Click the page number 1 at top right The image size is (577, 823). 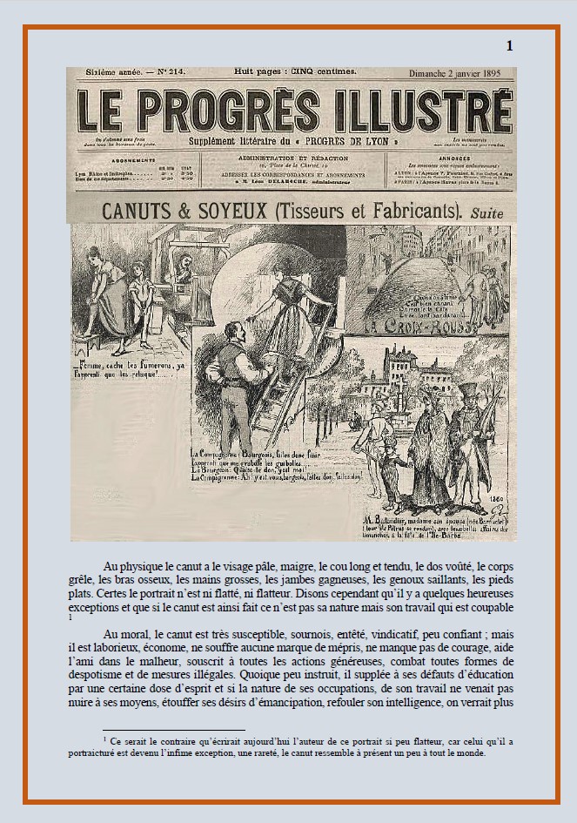pos(510,46)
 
